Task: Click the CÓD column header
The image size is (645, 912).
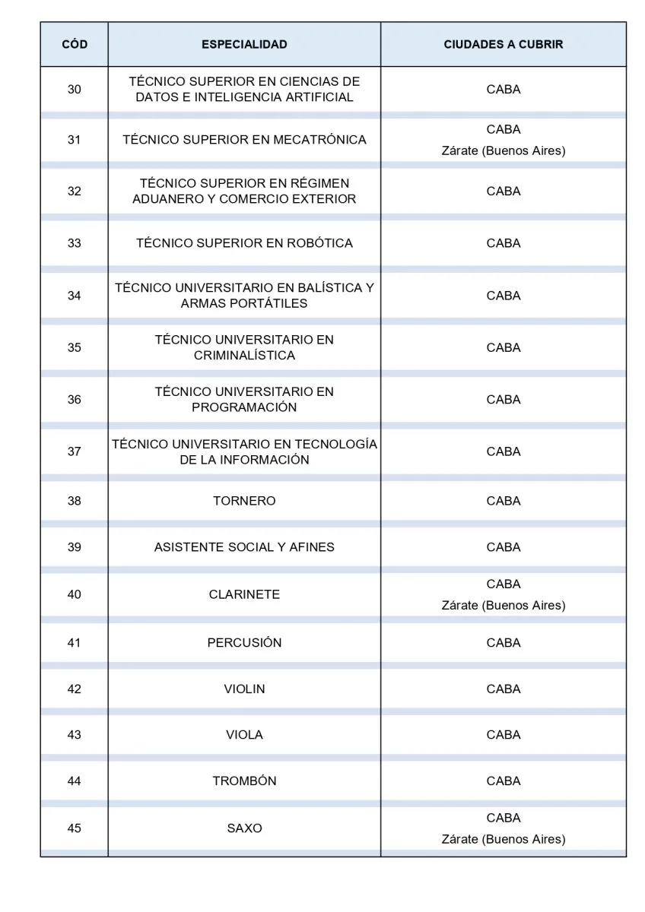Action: click(74, 45)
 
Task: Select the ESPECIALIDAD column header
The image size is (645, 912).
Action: click(244, 45)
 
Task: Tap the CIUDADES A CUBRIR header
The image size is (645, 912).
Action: click(503, 45)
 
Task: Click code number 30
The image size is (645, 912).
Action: click(74, 90)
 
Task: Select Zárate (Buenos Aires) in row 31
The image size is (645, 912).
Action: click(503, 151)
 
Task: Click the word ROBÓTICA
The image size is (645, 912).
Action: click(319, 244)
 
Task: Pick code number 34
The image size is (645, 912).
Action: click(74, 296)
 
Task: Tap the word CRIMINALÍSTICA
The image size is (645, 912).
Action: click(244, 356)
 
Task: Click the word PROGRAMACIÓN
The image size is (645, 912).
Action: click(244, 407)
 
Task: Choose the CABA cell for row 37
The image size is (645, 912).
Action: click(503, 451)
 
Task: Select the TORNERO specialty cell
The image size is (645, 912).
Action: click(244, 501)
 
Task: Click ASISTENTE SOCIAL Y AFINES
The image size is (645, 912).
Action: click(244, 547)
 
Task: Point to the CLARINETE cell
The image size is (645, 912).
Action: click(244, 594)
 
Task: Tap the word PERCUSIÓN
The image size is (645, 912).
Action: click(244, 643)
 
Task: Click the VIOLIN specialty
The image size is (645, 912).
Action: click(244, 689)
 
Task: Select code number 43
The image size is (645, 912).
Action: click(74, 735)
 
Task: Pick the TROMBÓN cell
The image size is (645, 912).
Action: click(244, 781)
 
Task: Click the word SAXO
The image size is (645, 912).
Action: click(244, 828)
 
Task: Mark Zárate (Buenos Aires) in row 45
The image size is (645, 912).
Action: click(503, 840)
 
